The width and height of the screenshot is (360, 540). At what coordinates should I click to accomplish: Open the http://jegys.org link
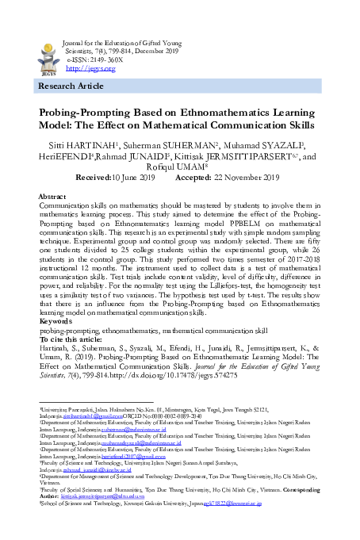(x=86, y=68)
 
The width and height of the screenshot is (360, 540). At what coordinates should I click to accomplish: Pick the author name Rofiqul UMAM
(x=181, y=168)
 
